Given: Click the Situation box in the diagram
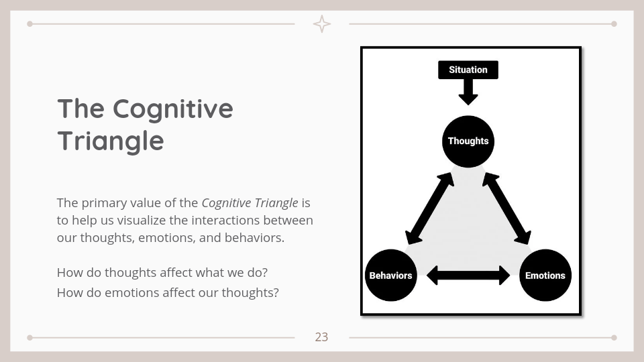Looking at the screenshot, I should tap(468, 70).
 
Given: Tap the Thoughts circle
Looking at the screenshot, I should tap(468, 141).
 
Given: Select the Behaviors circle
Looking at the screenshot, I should tap(390, 276).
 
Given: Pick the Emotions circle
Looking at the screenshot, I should tap(545, 276).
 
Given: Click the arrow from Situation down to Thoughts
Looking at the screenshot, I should tap(468, 92).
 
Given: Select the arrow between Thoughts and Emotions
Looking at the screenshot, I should tap(506, 208).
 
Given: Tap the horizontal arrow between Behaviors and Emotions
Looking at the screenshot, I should tap(468, 275).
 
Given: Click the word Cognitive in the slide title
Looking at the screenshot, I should tap(172, 109).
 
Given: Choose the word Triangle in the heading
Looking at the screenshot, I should tap(111, 141).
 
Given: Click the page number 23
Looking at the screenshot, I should tap(322, 337).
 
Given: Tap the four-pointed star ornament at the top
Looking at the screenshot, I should tap(322, 24).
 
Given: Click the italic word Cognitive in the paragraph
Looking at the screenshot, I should tap(225, 202).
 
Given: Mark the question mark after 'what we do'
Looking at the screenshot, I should tap(266, 273).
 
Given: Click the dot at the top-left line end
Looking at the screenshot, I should tap(30, 24).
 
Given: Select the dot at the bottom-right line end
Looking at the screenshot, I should tap(614, 337).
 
